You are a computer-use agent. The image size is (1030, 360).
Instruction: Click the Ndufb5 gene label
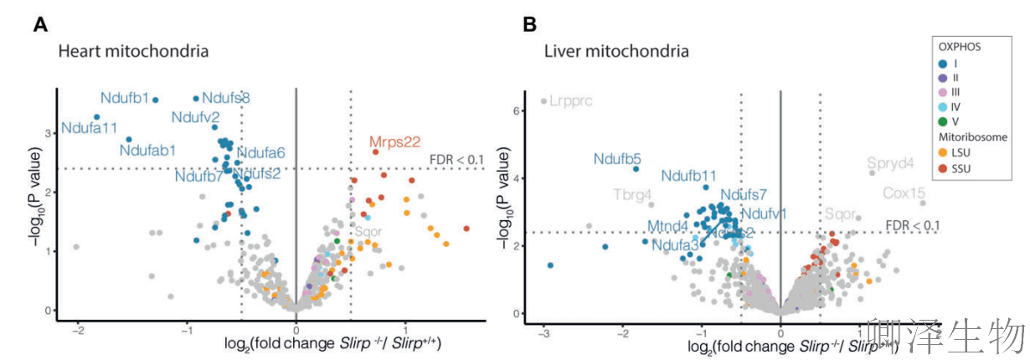617,157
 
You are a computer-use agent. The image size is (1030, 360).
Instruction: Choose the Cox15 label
904,193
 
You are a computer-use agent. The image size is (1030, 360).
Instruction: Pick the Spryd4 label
890,162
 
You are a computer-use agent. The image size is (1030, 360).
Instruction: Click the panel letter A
39,25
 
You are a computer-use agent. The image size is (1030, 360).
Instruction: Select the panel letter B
529,25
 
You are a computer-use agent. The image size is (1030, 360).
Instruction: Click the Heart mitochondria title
132,52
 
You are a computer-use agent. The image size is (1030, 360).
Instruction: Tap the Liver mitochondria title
616,52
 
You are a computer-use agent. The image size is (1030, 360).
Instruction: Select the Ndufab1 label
147,151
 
